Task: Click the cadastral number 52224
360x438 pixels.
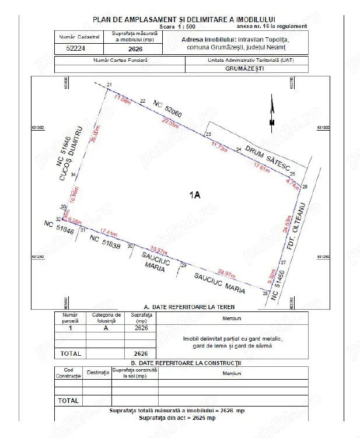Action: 73,50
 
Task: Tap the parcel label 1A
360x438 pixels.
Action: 195,195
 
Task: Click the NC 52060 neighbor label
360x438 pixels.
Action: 168,111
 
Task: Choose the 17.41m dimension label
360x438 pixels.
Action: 109,231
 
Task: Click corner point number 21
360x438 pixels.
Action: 109,86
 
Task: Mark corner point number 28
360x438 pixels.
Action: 265,293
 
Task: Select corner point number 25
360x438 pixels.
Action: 293,174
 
